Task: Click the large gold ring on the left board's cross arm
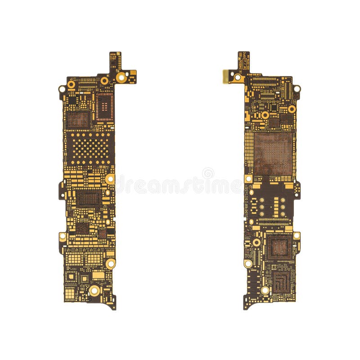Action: pos(121,77)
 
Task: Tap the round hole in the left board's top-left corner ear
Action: pos(62,89)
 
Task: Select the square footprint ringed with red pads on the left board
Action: pos(104,107)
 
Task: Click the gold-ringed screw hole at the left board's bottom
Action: pos(94,291)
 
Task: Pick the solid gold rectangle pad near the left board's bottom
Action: pos(98,275)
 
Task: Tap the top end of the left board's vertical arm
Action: pos(115,54)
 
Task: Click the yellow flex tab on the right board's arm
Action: pos(225,76)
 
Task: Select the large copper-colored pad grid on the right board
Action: pos(273,153)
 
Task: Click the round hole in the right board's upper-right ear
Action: pos(297,88)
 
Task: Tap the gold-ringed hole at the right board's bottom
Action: pos(265,291)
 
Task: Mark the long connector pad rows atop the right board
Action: pos(265,81)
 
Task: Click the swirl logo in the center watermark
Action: pos(208,173)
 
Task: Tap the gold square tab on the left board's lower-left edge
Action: pos(62,236)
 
